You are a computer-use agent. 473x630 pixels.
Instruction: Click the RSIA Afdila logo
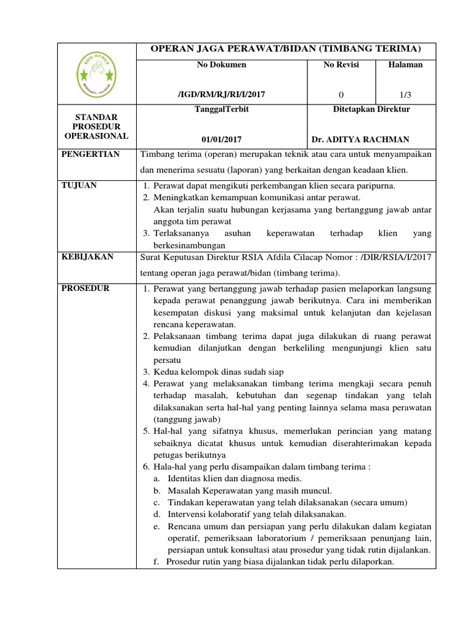tap(96, 76)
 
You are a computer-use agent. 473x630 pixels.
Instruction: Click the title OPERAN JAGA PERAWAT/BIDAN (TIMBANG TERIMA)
tap(286, 49)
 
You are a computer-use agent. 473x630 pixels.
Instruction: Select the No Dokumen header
tap(222, 65)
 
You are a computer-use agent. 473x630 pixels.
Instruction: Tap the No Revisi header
tap(341, 65)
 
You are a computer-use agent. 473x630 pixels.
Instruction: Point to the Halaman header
tap(405, 65)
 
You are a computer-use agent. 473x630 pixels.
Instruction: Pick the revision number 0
tap(341, 94)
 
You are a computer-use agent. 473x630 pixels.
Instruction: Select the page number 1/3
tap(405, 94)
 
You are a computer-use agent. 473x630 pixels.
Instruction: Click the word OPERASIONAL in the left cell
tap(96, 136)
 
